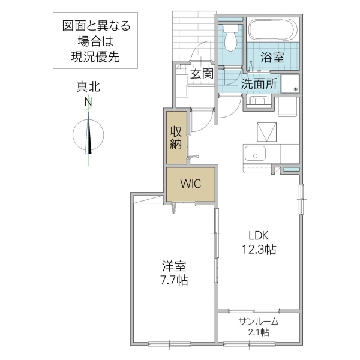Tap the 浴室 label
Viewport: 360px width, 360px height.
(272, 58)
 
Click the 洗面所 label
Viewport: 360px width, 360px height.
(259, 84)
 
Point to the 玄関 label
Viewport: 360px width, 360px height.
(202, 74)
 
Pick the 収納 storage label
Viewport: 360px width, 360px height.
(176, 137)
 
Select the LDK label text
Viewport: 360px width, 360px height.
(259, 235)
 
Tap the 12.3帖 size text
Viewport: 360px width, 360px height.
(259, 250)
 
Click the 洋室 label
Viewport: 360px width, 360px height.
(174, 265)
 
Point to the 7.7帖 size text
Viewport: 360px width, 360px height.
(174, 280)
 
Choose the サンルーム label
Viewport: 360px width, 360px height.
(258, 321)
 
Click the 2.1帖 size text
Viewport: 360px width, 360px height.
(258, 332)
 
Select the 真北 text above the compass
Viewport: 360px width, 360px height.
(88, 87)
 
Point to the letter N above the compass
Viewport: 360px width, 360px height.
(88, 102)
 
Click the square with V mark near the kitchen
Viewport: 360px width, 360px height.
(266, 130)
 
